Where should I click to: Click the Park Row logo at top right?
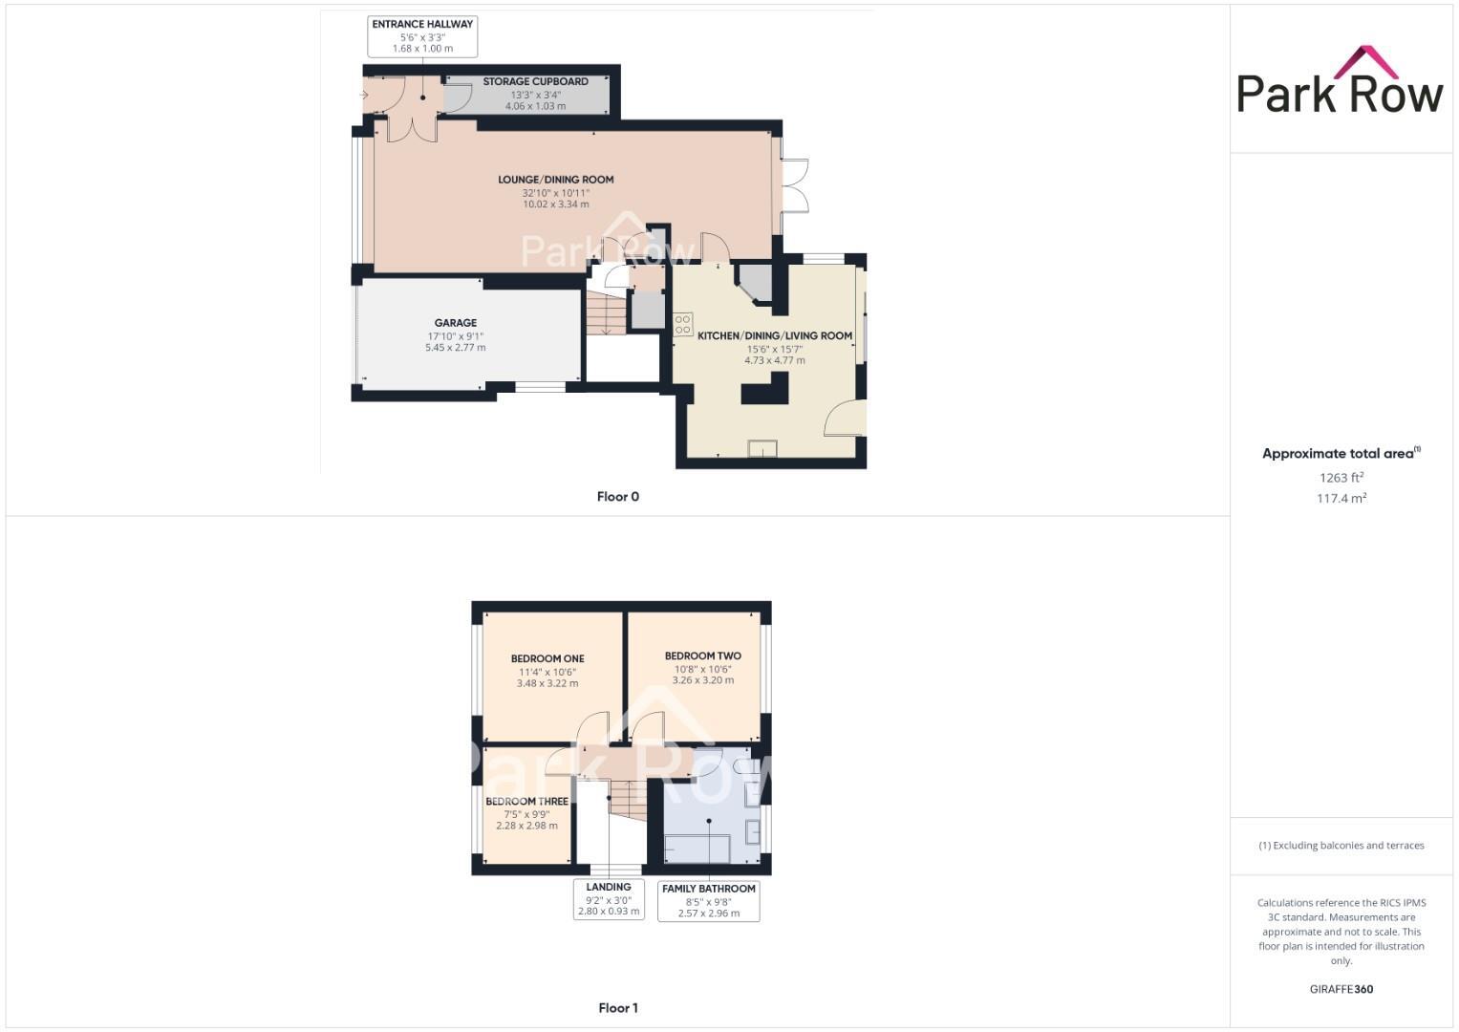(1340, 81)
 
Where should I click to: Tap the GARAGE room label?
(455, 323)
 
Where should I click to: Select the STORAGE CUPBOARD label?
(535, 82)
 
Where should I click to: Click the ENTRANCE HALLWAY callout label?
(422, 24)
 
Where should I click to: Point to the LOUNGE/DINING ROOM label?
(555, 180)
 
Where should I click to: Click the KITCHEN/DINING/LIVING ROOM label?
(774, 336)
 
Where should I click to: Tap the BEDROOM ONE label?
(547, 658)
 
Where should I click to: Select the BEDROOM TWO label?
(702, 656)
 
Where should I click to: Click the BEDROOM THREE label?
(526, 802)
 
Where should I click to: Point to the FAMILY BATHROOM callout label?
(708, 889)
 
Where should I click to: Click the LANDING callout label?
(609, 887)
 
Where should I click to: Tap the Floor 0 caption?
(617, 497)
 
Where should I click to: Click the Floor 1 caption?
(617, 1008)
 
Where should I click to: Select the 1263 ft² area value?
(1341, 478)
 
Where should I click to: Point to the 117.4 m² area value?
(1341, 498)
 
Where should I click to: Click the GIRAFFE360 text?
(1341, 989)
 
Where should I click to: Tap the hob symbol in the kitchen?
(683, 324)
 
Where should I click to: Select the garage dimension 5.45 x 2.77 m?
(455, 348)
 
